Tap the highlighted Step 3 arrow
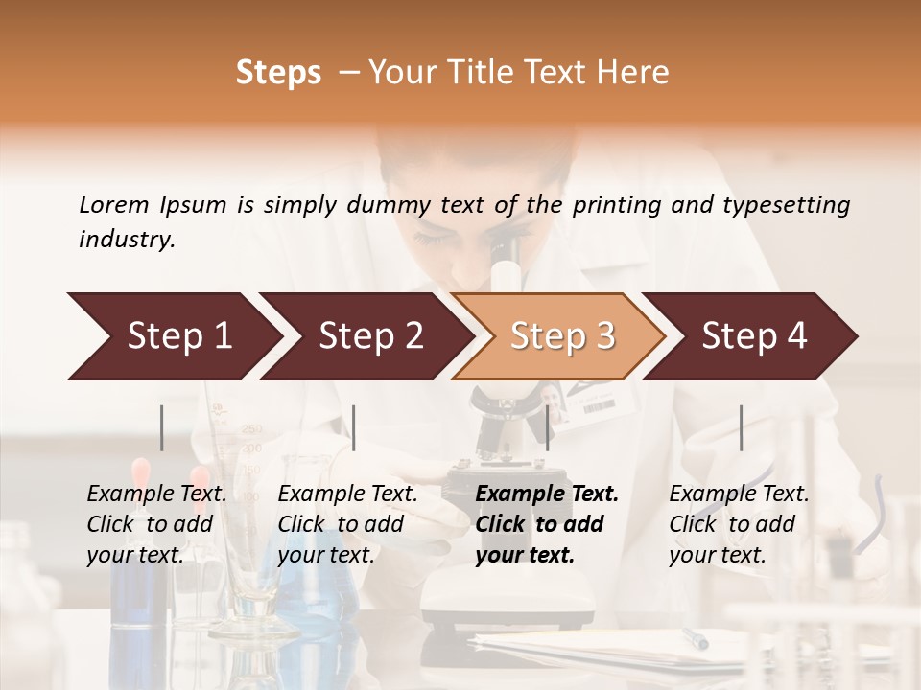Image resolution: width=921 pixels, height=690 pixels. pyautogui.click(x=561, y=336)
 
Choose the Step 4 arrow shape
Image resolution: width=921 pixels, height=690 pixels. pyautogui.click(x=753, y=336)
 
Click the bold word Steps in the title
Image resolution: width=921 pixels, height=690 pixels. pyautogui.click(x=278, y=73)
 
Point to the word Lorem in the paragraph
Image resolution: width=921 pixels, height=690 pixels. pyautogui.click(x=114, y=204)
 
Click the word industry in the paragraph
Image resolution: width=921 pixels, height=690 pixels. pyautogui.click(x=127, y=240)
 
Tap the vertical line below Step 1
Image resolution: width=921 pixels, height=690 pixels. pyautogui.click(x=162, y=427)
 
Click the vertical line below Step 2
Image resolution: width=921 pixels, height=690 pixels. pyautogui.click(x=354, y=427)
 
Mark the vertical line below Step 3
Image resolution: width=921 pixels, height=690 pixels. pyautogui.click(x=548, y=427)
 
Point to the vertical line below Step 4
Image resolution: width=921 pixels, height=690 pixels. pyautogui.click(x=741, y=427)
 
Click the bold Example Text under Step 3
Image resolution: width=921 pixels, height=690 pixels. pyautogui.click(x=547, y=494)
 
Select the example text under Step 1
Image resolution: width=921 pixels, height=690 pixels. pyautogui.click(x=156, y=524)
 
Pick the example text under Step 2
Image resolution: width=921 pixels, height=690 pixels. pyautogui.click(x=347, y=524)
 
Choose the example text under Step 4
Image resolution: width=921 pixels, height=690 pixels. pyautogui.click(x=739, y=524)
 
